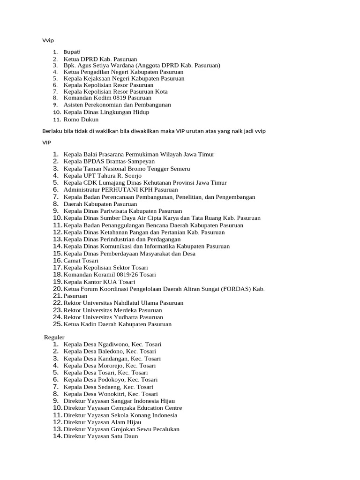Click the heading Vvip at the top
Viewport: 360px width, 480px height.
pyautogui.click(x=48, y=40)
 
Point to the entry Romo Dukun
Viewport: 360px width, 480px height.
pyautogui.click(x=81, y=120)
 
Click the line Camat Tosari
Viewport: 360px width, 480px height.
pyautogui.click(x=81, y=261)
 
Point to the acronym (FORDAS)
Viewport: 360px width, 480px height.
pyautogui.click(x=233, y=289)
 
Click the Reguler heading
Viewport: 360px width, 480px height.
pyautogui.click(x=54, y=337)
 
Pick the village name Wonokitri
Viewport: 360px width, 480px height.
pyautogui.click(x=112, y=394)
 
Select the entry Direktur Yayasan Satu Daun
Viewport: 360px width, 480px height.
pyautogui.click(x=101, y=436)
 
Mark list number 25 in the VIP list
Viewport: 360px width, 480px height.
pyautogui.click(x=58, y=324)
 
